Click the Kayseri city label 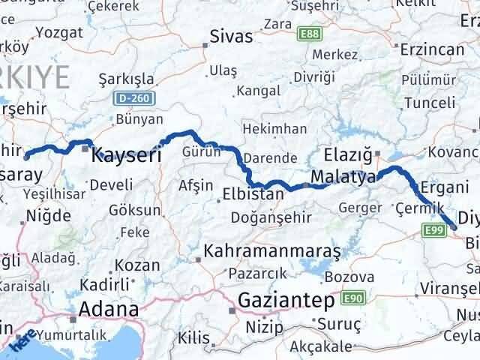(126, 156)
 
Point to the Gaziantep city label (286, 301)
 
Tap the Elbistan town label (253, 193)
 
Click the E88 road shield (308, 34)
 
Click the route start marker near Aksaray (28, 156)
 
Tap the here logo (22, 343)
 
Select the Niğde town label (43, 216)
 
